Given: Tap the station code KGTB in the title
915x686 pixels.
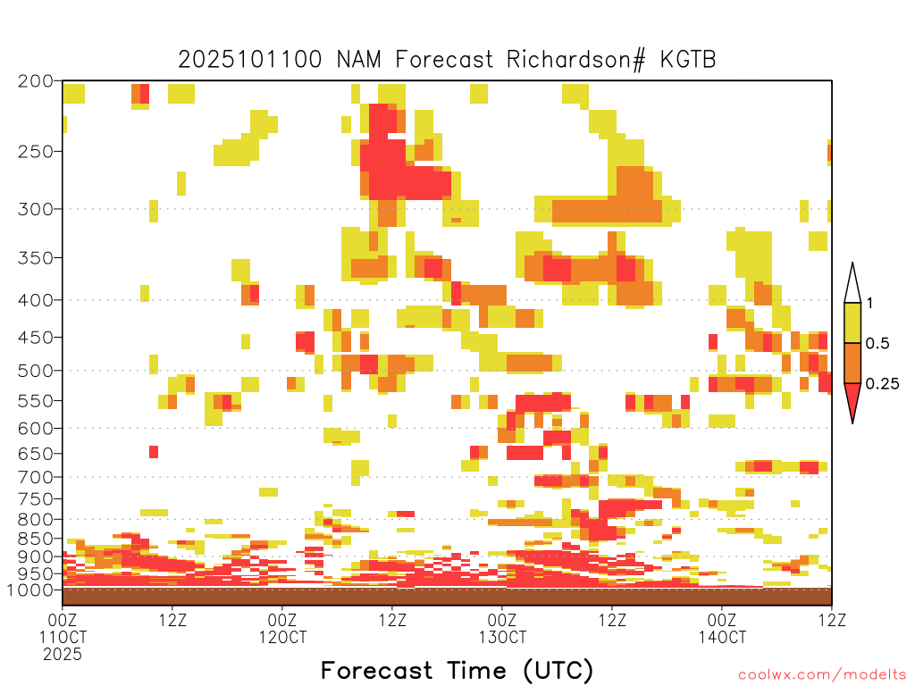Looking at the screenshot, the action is [688, 59].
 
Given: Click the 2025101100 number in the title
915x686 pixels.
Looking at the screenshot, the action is [250, 59].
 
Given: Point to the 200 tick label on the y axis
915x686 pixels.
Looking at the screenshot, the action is [36, 80].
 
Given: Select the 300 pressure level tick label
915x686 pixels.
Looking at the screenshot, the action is [36, 208].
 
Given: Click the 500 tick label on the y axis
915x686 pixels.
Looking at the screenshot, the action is [36, 371].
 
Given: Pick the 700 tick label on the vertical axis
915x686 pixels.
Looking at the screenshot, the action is [36, 477].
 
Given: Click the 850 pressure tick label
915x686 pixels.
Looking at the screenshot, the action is [36, 539].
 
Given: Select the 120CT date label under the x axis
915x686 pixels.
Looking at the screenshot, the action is [282, 637].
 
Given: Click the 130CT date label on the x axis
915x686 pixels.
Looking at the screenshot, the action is [502, 637].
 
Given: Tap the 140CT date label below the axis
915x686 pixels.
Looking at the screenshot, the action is [722, 637].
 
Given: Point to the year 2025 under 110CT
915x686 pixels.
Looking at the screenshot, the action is [63, 655].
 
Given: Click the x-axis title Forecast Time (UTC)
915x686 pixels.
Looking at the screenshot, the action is [457, 670].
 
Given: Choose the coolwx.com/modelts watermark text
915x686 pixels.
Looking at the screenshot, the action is [822, 675].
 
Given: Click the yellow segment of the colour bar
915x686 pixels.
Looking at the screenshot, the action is [852, 322].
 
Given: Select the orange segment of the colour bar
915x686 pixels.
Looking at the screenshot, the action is [852, 363].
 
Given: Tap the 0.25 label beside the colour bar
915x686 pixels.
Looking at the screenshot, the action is [882, 383].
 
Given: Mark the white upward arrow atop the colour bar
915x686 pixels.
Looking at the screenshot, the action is [852, 283].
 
